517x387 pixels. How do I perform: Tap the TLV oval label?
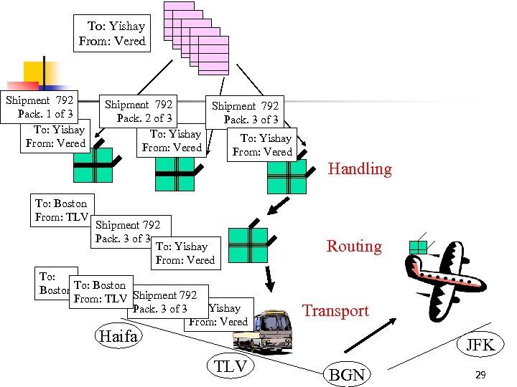[230, 367]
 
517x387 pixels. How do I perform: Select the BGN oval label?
[347, 374]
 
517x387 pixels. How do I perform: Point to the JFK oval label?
[480, 345]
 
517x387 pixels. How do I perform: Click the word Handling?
[360, 169]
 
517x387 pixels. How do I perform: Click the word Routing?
[354, 247]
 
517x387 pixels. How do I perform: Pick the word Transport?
[335, 311]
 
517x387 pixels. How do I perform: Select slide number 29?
[480, 375]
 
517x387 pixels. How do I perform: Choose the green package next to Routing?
[247, 245]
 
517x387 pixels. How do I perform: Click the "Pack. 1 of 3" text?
[45, 114]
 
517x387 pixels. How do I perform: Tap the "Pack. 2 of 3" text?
[144, 118]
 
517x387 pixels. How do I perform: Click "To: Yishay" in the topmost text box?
[116, 27]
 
